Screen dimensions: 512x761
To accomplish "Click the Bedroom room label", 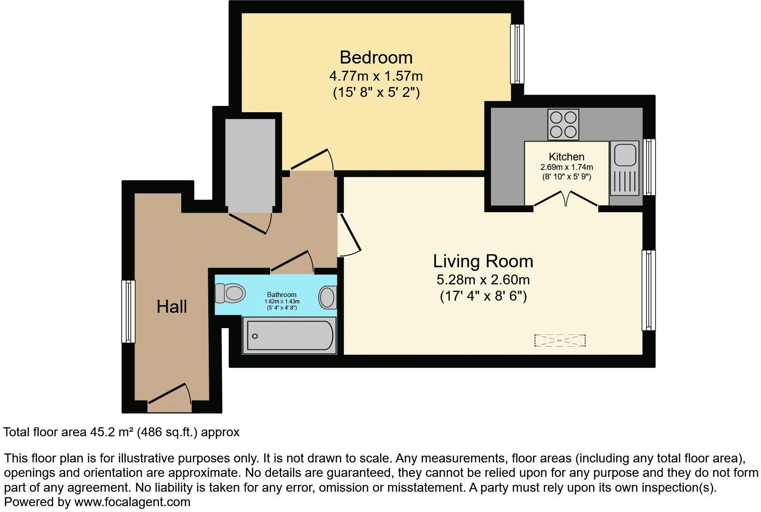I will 376,58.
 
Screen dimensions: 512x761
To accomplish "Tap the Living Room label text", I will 483,261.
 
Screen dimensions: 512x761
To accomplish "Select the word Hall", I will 171,307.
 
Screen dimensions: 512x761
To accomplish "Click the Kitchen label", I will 566,157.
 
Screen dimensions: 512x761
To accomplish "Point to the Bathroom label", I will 281,295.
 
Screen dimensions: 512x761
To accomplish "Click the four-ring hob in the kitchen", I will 563,125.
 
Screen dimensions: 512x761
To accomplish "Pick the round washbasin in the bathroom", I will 327,297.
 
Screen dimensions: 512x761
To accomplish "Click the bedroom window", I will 517,54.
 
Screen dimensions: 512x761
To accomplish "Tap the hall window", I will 128,311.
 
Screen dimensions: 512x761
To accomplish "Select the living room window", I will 648,290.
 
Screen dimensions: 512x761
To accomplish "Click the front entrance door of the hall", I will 170,395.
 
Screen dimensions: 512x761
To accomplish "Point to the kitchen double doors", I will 566,199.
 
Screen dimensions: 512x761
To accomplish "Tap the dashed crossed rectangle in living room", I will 559,340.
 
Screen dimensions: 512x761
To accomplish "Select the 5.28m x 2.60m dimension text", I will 483,280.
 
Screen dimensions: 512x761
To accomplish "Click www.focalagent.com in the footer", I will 132,502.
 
